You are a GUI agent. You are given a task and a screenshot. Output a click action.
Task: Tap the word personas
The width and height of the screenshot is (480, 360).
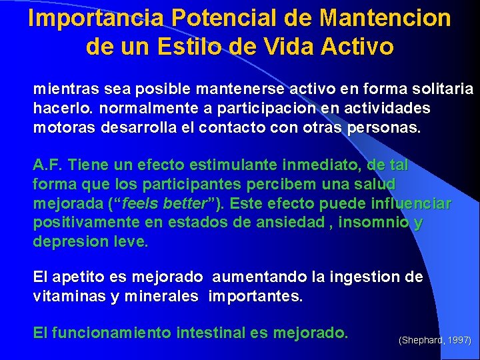pos(384,127)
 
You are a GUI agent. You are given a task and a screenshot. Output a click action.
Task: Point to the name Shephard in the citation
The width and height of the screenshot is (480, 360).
pos(422,341)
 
